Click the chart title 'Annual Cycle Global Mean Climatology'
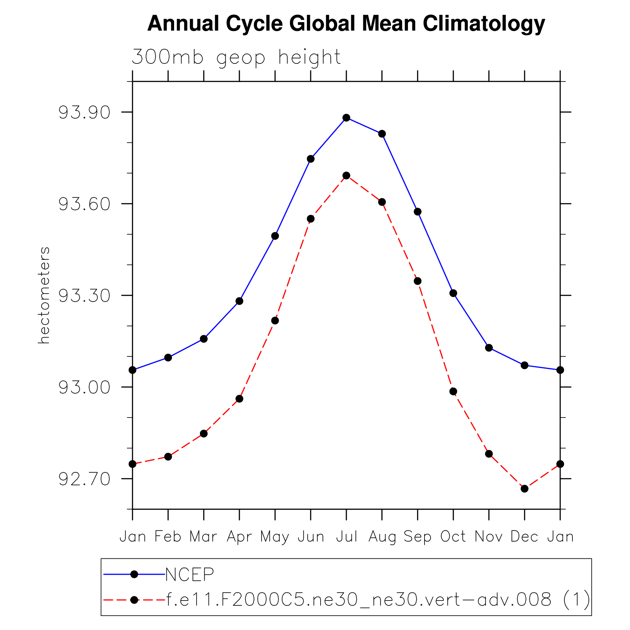coord(346,24)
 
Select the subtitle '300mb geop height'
coord(236,58)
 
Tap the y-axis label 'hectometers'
coord(44,295)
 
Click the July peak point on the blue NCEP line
coord(346,118)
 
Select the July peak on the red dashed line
coord(346,176)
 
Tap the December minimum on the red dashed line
coord(525,489)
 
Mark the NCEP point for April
coord(239,301)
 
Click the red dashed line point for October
coord(453,391)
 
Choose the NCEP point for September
coord(418,212)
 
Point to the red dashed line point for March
coord(204,433)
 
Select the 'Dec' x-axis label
coord(525,537)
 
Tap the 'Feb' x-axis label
coord(168,537)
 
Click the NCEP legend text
coord(190,574)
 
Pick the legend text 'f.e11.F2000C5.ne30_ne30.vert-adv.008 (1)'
coord(378,600)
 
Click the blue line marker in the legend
coord(134,574)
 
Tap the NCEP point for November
coord(489,348)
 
